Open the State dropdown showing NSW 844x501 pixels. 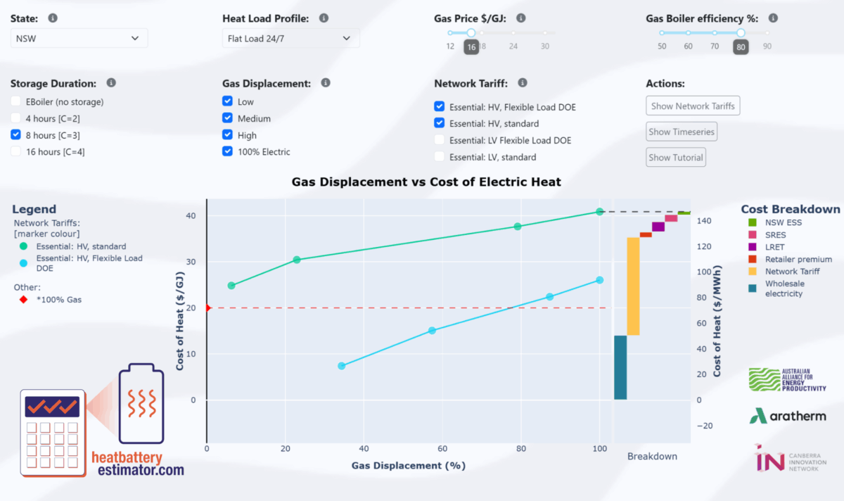click(79, 38)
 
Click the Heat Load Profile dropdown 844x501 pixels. click(290, 38)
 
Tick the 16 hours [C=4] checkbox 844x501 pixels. click(17, 152)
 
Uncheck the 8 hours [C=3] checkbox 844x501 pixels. click(17, 135)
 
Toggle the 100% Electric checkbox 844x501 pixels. click(228, 151)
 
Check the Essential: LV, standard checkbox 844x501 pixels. click(440, 157)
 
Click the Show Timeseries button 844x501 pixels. click(681, 132)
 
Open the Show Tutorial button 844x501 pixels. click(675, 157)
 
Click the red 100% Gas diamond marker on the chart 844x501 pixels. click(207, 308)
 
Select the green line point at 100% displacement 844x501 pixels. click(600, 211)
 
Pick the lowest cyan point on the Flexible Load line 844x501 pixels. click(342, 366)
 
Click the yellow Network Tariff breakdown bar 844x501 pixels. click(633, 286)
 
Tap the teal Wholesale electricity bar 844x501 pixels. click(620, 367)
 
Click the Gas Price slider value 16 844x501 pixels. click(471, 46)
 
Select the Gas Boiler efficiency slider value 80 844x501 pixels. click(741, 46)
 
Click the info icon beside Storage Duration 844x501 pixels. click(111, 82)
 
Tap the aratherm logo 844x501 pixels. click(787, 416)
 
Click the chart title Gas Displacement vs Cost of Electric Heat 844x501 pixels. click(426, 182)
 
